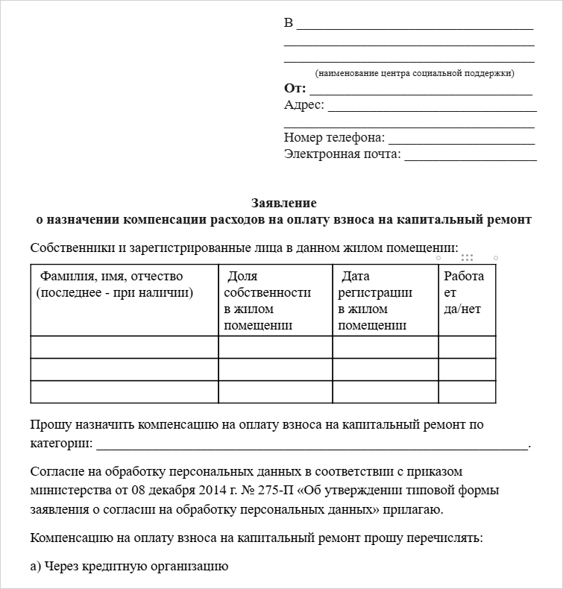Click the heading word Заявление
coord(283,203)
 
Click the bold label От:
coord(295,88)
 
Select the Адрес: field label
coord(304,105)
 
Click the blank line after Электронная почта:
coord(470,156)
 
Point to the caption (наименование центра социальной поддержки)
coord(414,73)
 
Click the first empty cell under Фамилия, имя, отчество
coord(125,347)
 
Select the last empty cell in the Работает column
coord(467,392)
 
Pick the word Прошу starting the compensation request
coord(46,426)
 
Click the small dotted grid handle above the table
coord(468,257)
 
